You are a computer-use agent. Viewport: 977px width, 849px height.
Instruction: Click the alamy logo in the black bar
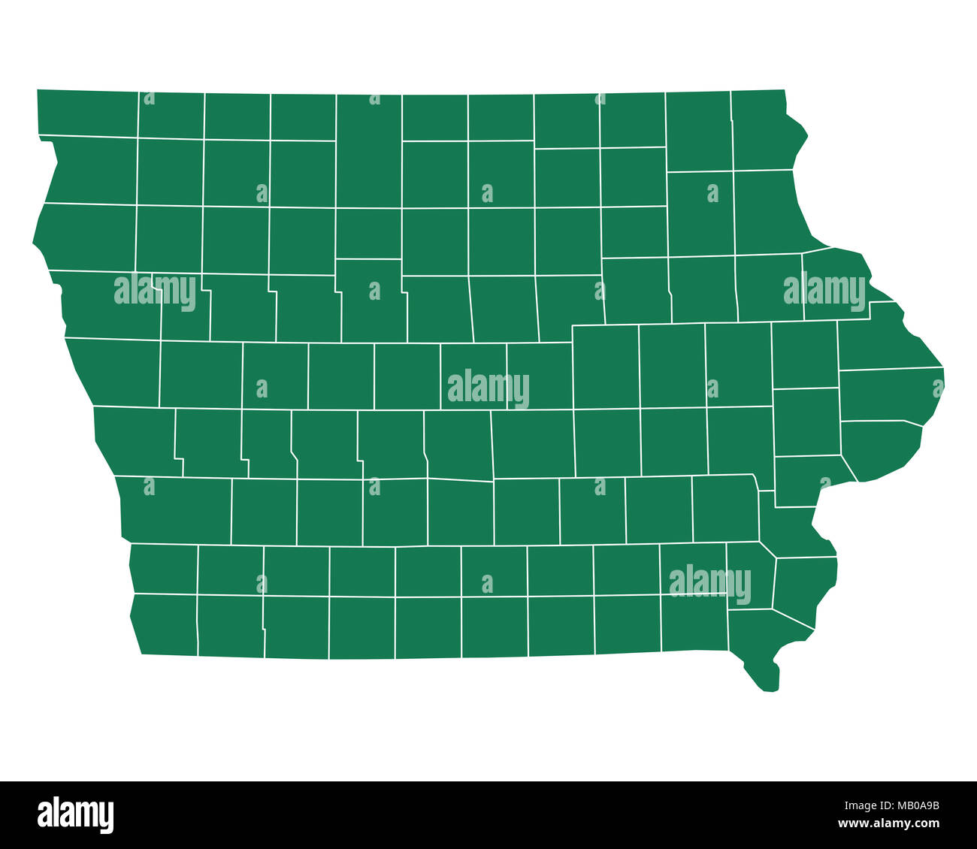75,815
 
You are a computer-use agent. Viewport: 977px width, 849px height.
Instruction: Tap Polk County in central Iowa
458,443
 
